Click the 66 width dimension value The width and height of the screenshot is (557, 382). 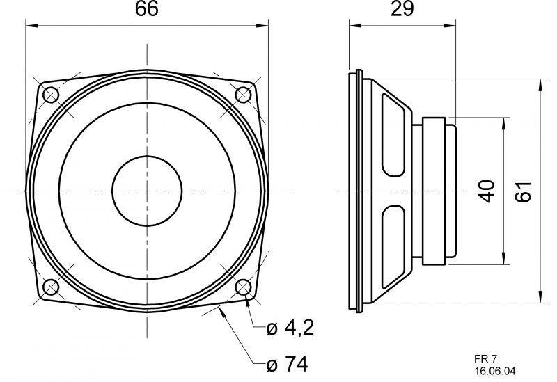click(x=146, y=9)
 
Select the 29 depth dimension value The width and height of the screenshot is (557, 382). click(x=402, y=9)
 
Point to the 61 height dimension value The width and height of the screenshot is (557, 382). click(x=524, y=191)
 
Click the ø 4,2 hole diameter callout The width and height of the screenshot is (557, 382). click(x=290, y=328)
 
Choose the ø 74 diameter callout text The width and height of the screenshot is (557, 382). click(x=287, y=363)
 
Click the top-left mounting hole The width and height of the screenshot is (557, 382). click(x=50, y=95)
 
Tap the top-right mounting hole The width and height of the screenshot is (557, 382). click(x=243, y=95)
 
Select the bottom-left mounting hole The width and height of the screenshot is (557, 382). click(x=50, y=287)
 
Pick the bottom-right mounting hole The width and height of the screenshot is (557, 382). click(x=243, y=287)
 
